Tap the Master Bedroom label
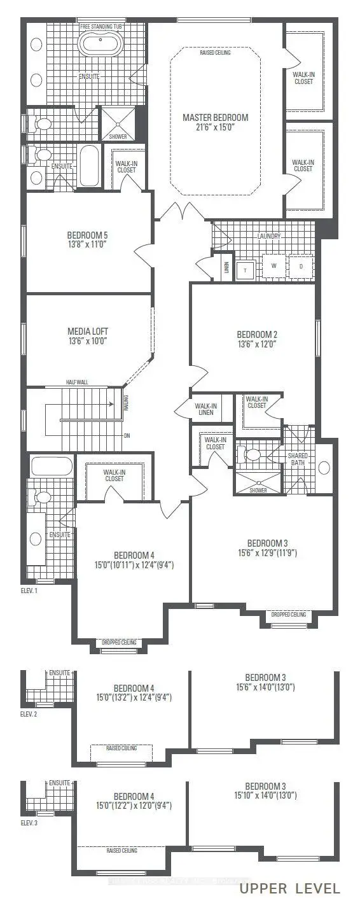[x=215, y=118]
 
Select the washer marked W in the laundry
[x=273, y=266]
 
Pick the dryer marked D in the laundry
[x=301, y=266]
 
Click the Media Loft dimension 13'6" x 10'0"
[x=87, y=340]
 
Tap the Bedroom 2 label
[x=257, y=334]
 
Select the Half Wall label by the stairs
[x=76, y=382]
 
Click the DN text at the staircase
[x=127, y=437]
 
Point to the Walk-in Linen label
[x=205, y=409]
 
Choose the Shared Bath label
[x=298, y=459]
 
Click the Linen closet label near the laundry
[x=225, y=267]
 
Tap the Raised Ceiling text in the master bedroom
[x=215, y=53]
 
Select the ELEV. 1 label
[x=29, y=591]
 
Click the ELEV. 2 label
[x=29, y=715]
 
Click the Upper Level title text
[x=289, y=888]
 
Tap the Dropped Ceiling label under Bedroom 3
[x=288, y=614]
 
